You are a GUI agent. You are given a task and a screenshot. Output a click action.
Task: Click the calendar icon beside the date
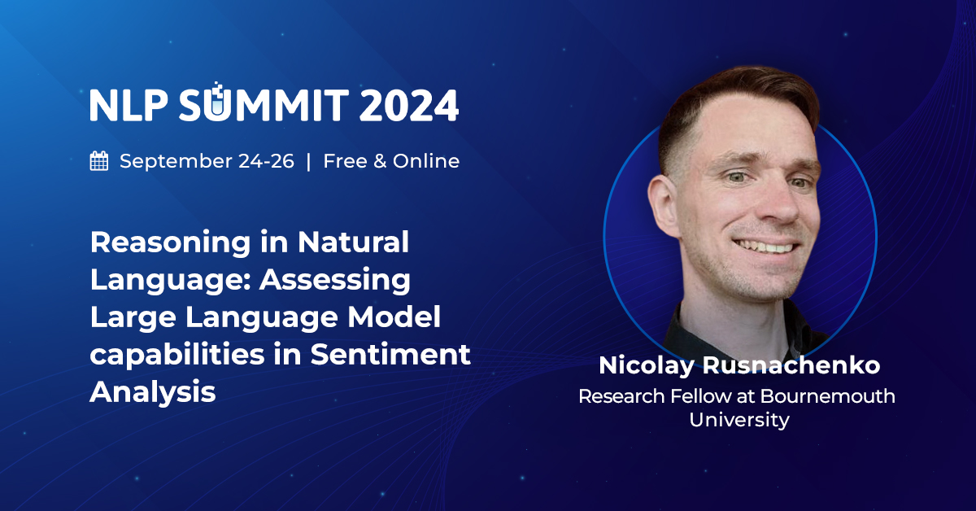pyautogui.click(x=99, y=161)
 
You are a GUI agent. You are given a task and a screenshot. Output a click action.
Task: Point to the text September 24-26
pyautogui.click(x=207, y=161)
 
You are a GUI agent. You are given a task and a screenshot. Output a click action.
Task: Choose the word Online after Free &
pyautogui.click(x=426, y=161)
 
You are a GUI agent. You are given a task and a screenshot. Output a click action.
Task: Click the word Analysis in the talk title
pyautogui.click(x=152, y=392)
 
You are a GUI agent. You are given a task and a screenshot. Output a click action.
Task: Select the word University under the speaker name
pyautogui.click(x=739, y=420)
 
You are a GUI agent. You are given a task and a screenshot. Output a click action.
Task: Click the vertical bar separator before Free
pyautogui.click(x=308, y=161)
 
